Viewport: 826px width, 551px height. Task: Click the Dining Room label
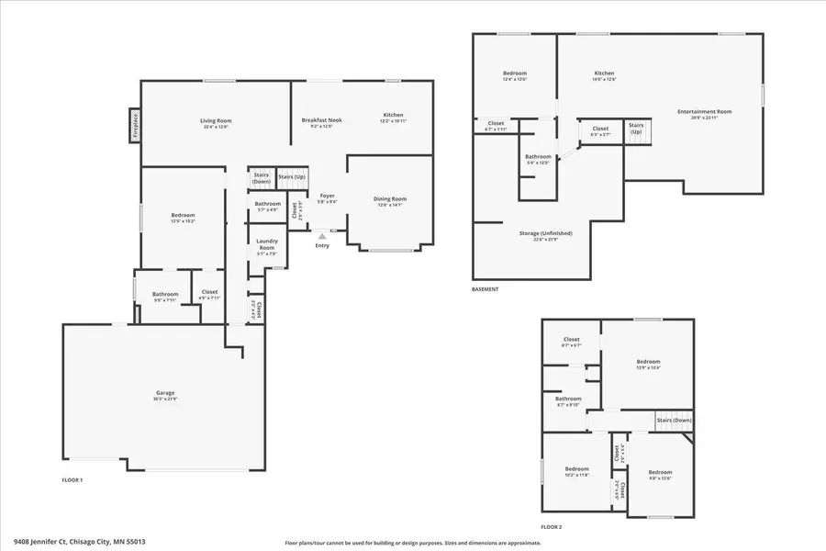[389, 199]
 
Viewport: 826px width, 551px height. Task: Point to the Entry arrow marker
[321, 236]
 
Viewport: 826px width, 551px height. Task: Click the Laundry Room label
[266, 244]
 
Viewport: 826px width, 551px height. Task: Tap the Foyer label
[327, 196]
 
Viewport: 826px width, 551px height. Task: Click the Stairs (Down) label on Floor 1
[262, 177]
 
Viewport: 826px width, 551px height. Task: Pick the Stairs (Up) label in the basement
[636, 128]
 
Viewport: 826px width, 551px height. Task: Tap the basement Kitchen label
[604, 73]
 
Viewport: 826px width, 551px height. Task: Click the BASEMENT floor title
[486, 289]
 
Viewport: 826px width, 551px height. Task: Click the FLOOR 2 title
[551, 527]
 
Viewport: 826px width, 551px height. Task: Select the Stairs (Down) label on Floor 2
[674, 421]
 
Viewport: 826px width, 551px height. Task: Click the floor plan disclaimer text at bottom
[413, 543]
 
